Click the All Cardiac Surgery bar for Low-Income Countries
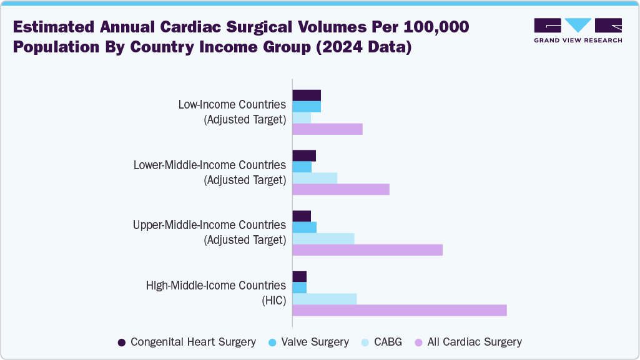pos(327,129)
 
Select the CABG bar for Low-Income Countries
pos(302,118)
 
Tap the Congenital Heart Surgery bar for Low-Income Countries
pos(307,95)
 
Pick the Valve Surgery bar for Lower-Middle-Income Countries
pos(302,167)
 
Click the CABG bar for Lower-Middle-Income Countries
pos(315,178)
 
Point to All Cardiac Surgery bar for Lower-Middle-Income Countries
pos(341,189)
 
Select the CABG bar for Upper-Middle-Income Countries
pos(323,238)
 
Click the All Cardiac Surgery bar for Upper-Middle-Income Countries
pos(367,250)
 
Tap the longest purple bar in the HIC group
pos(400,310)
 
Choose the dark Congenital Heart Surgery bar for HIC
pos(300,276)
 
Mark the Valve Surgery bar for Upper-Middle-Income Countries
pos(305,227)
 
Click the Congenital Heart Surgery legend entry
pos(187,342)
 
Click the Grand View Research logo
pos(578,29)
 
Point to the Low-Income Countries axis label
pos(232,104)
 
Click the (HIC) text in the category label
pos(273,300)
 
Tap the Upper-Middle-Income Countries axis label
pos(210,225)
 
